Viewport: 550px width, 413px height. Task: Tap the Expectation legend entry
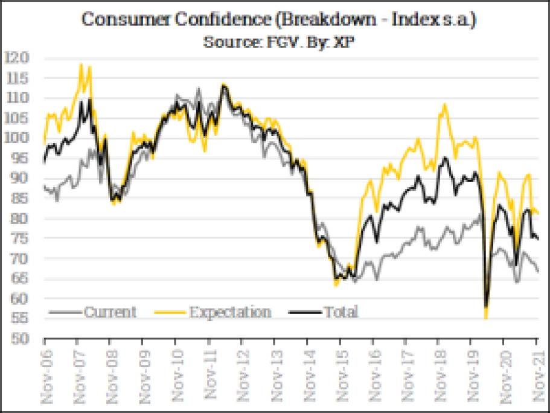point(229,312)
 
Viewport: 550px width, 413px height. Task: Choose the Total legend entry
point(341,312)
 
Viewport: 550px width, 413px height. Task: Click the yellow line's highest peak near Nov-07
point(81,64)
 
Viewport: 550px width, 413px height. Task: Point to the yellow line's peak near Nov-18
point(445,104)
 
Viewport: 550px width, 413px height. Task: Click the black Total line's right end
point(537,239)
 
